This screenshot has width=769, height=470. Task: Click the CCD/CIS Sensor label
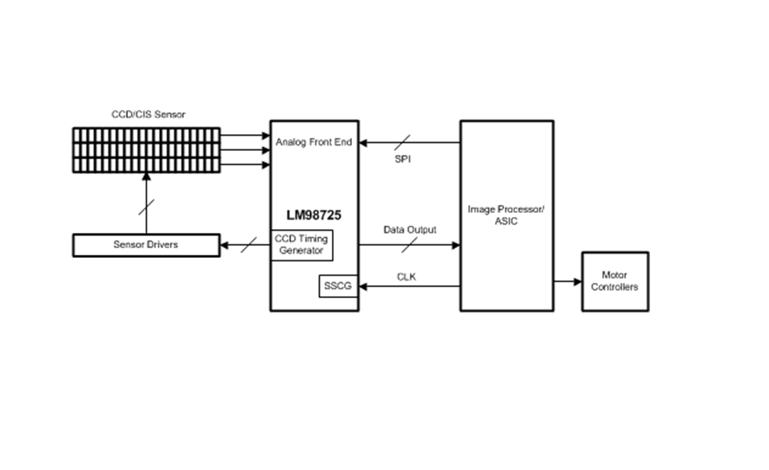(x=148, y=114)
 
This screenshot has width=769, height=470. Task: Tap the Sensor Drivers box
(x=146, y=245)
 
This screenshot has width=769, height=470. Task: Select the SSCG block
(x=338, y=286)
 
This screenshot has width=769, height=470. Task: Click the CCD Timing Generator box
(x=301, y=245)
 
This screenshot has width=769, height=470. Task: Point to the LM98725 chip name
(x=314, y=215)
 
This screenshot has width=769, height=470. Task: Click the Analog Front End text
(x=314, y=141)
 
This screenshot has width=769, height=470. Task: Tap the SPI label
(x=403, y=159)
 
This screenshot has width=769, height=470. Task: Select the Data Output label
(x=410, y=230)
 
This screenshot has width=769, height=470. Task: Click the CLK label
(x=407, y=276)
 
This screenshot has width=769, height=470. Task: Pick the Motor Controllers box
(x=615, y=282)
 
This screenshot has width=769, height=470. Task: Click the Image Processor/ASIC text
(x=505, y=215)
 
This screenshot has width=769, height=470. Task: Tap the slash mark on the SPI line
(x=402, y=142)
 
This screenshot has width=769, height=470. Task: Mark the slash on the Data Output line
(x=410, y=245)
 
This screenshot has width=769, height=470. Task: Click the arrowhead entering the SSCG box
(x=363, y=286)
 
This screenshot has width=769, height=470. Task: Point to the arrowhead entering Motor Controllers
(x=578, y=282)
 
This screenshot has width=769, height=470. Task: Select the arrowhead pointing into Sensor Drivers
(x=225, y=245)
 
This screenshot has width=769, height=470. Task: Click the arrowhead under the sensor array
(x=146, y=177)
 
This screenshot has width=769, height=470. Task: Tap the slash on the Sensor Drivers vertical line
(x=146, y=207)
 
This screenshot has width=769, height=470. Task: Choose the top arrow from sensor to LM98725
(x=245, y=135)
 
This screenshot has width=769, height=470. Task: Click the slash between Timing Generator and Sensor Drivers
(x=248, y=245)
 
